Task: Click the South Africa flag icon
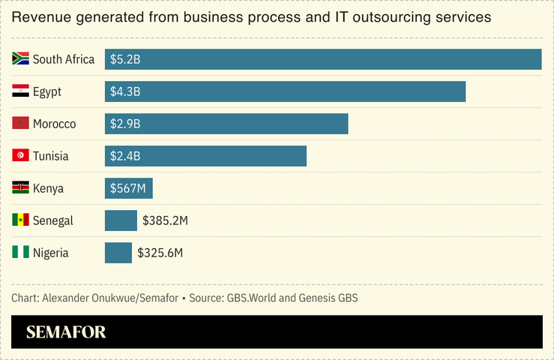click(20, 59)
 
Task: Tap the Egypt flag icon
click(20, 91)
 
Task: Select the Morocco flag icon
click(20, 124)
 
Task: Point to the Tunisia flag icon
click(20, 156)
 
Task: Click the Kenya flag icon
click(20, 188)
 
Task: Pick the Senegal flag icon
click(20, 220)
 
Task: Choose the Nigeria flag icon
click(20, 253)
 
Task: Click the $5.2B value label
click(125, 59)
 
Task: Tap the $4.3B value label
click(125, 91)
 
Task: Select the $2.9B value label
click(125, 124)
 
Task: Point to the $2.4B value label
click(125, 156)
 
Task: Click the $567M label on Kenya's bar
click(128, 188)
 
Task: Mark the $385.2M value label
click(164, 220)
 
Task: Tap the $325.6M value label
click(160, 253)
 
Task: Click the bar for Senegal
click(121, 220)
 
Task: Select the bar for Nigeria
click(118, 253)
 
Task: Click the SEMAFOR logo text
click(66, 332)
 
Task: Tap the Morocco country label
click(54, 124)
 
